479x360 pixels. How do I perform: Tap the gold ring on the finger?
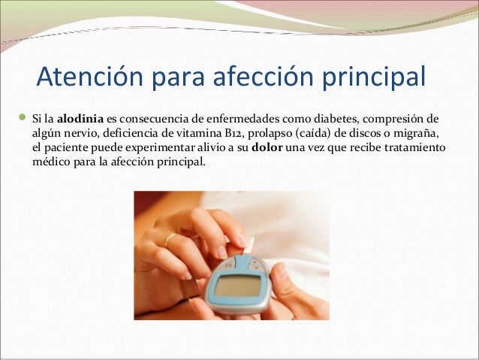click(170, 241)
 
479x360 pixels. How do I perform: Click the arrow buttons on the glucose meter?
click(258, 264)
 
